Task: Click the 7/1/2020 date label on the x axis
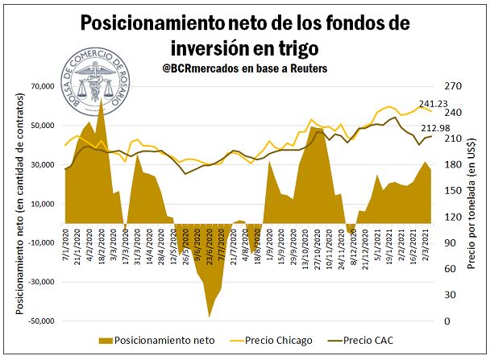[64, 244]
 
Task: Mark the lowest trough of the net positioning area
[210, 317]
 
